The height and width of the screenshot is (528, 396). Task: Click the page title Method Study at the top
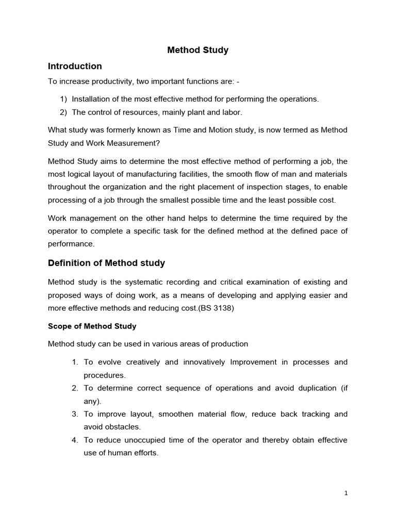coord(198,51)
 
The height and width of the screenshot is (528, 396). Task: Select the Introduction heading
coord(75,66)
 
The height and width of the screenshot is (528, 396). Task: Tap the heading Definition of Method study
coord(106,263)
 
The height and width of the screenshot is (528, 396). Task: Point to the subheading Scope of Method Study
coord(92,326)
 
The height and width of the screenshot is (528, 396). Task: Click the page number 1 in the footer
coord(346,493)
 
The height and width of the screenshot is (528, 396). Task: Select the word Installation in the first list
coord(90,98)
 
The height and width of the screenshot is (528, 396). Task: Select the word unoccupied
coord(143,440)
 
